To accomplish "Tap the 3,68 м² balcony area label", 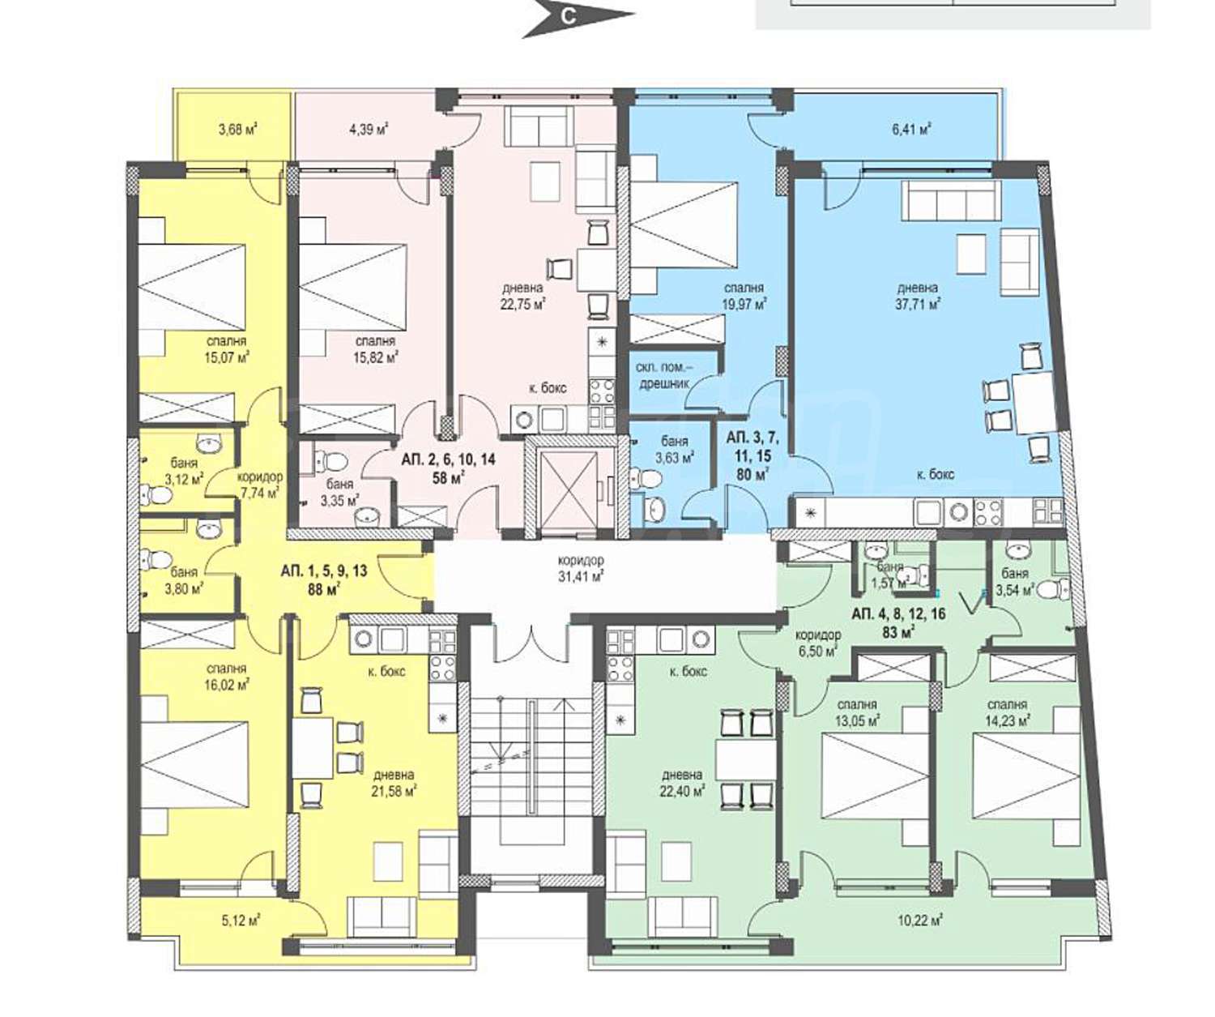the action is tap(239, 129).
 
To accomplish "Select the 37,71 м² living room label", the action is tap(919, 303).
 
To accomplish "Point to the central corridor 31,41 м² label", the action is tap(581, 575).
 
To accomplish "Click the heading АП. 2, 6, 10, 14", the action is tap(448, 459).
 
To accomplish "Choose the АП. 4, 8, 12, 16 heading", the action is tap(898, 613).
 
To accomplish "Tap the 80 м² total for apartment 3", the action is tap(753, 474).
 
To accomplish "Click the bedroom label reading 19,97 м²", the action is tap(744, 303).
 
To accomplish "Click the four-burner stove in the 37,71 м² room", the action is tap(989, 511).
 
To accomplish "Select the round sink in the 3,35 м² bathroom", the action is tap(367, 515).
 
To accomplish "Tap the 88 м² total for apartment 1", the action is tap(324, 589).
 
